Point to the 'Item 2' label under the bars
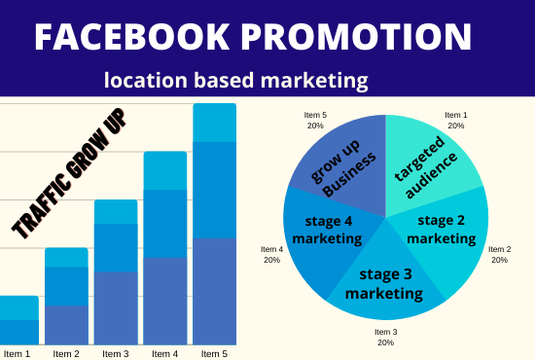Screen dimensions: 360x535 pos(67,352)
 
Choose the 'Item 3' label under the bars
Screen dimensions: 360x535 pos(116,352)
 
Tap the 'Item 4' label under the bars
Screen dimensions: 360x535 pos(165,352)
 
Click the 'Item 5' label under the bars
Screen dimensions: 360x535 pos(214,352)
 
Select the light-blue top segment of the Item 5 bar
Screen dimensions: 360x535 pos(214,123)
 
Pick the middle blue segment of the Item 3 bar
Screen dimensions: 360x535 pos(116,247)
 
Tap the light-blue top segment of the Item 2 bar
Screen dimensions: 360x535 pos(67,257)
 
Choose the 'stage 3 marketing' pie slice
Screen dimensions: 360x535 pos(384,282)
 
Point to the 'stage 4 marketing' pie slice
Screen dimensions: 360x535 pos(326,232)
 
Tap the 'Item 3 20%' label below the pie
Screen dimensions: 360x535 pos(385,337)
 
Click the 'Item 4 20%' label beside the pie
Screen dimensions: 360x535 pos(272,254)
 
